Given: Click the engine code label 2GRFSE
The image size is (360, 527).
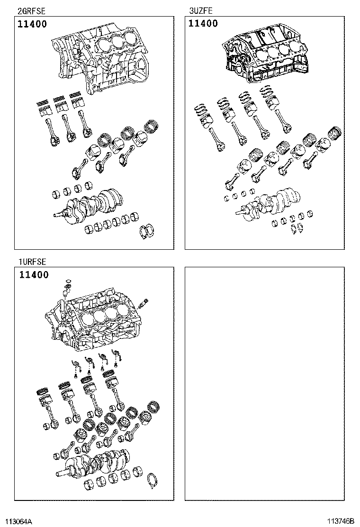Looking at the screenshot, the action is (x=31, y=11).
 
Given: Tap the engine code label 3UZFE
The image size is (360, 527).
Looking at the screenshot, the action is (x=201, y=11).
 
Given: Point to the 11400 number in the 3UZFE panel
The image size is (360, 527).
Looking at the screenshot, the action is (x=203, y=24).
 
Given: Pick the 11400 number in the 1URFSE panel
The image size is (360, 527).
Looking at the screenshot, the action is (x=34, y=275).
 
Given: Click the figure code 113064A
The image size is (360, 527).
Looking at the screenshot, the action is (x=18, y=521).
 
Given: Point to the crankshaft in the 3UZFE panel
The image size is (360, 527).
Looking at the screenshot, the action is (x=268, y=204).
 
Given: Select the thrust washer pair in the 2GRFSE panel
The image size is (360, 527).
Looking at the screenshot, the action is (x=148, y=231).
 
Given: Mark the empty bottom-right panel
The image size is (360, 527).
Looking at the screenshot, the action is (x=265, y=383).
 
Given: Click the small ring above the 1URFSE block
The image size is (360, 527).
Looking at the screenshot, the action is (x=68, y=280).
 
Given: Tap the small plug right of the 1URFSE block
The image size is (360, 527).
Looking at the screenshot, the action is (x=144, y=303).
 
